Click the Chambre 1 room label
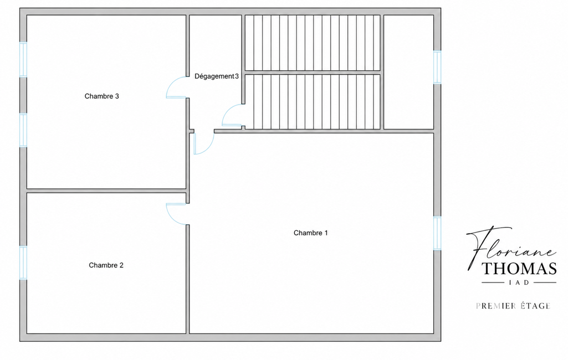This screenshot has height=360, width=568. pos(310,233)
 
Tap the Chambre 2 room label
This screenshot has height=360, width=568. pos(106,265)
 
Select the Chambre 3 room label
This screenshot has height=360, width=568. pos(101,96)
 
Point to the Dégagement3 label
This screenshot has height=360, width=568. pos(217,76)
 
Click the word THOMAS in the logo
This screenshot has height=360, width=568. pos(519,269)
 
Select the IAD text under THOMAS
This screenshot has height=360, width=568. pos(519,282)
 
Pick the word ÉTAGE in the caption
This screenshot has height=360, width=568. pos(535,306)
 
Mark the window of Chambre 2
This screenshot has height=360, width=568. pos(23,263)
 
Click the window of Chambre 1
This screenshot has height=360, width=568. pos(437,233)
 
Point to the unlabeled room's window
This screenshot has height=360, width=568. pos(437,68)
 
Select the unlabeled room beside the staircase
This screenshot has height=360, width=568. pos(408,71)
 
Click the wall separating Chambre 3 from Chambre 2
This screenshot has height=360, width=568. pos(106,191)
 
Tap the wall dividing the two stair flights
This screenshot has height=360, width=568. pos(313,73)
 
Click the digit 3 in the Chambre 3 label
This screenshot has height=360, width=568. pos(117,96)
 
